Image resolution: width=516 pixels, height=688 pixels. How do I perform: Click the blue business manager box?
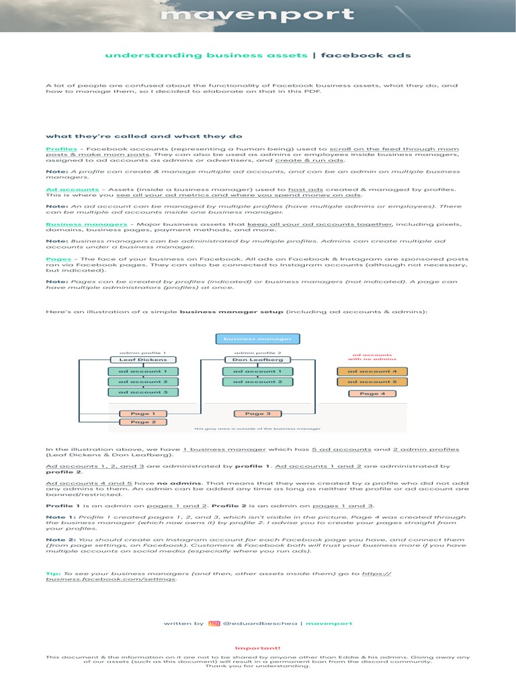(258, 339)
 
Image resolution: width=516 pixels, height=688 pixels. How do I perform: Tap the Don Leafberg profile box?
(257, 359)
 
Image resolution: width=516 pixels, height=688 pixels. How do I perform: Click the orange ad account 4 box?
(372, 371)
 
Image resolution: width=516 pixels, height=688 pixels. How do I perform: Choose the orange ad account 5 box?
(372, 382)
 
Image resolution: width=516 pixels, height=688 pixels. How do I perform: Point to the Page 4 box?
(372, 394)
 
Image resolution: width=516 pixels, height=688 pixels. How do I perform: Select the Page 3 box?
(257, 414)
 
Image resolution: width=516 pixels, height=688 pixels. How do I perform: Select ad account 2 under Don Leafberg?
(257, 382)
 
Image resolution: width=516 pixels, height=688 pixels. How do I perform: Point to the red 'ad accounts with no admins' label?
(372, 357)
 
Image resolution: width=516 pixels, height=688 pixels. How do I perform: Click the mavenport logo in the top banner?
(258, 15)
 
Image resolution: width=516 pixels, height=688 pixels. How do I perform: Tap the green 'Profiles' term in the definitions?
(61, 148)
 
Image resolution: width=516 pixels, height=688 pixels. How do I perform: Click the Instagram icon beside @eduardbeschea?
(214, 623)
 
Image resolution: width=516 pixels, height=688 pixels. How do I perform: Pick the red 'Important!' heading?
(257, 649)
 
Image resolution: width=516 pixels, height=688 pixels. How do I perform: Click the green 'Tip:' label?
(53, 573)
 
